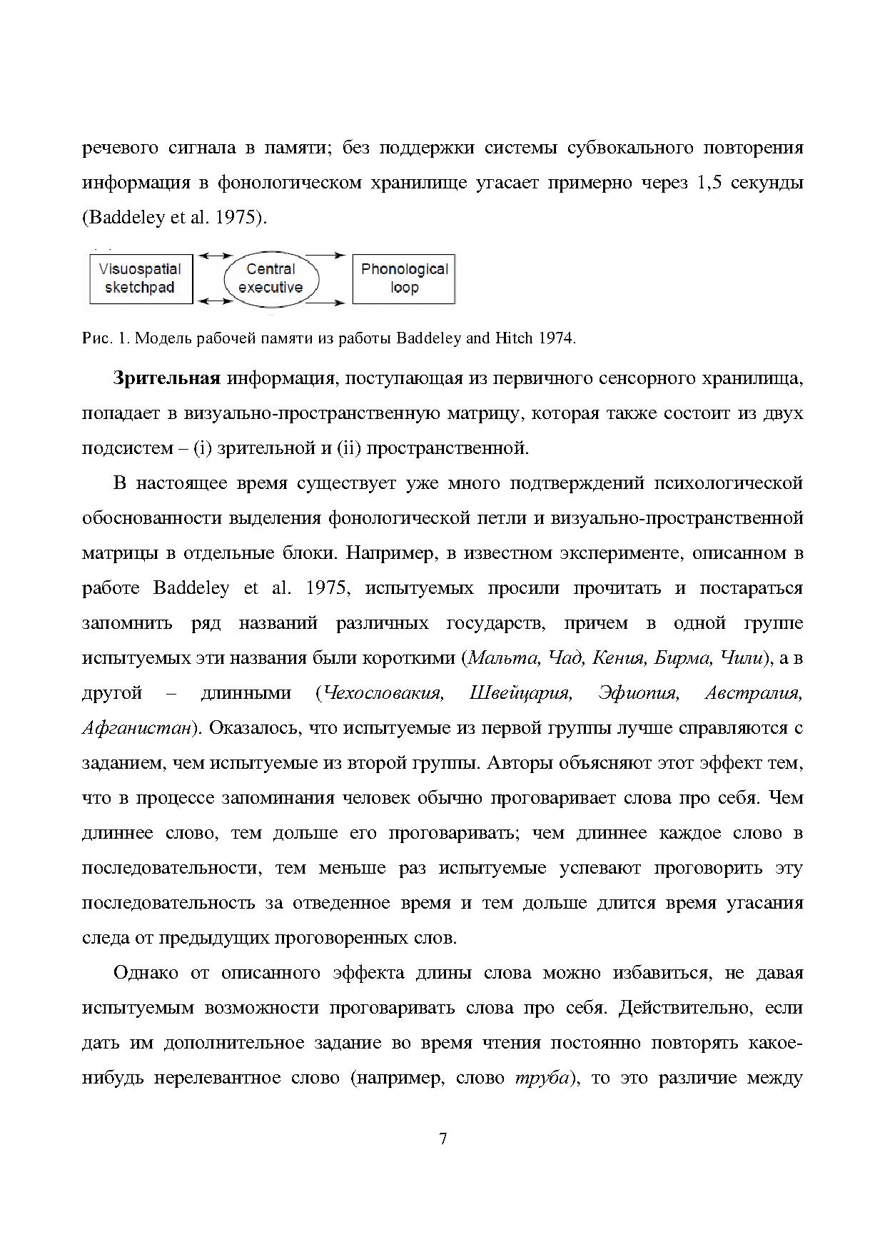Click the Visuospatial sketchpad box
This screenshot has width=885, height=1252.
(139, 278)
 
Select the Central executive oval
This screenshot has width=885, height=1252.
(270, 278)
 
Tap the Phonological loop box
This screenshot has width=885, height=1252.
(404, 278)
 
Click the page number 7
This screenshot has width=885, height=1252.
(442, 1139)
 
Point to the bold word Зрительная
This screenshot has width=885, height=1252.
(166, 378)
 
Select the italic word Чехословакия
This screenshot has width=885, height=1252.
(384, 693)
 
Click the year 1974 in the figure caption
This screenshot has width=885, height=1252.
(557, 338)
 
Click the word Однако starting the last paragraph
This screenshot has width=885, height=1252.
(149, 973)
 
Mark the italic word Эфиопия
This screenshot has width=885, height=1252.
(638, 693)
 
